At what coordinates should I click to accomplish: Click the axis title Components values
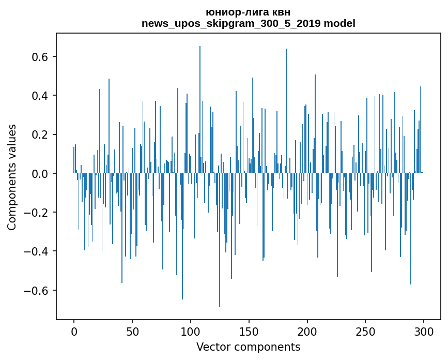(12, 177)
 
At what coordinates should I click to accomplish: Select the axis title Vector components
(248, 347)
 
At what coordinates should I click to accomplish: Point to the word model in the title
(339, 23)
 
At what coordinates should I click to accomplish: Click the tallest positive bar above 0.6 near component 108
(200, 103)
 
